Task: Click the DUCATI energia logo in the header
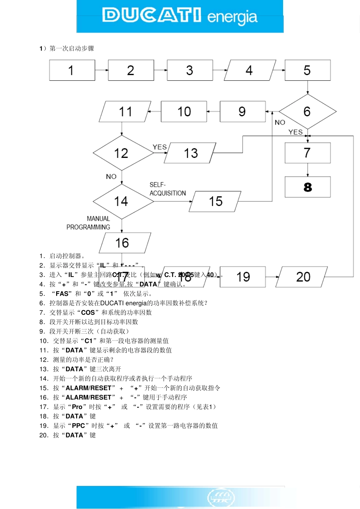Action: pos(180,16)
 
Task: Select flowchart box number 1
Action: pos(72,70)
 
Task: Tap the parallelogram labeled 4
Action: pos(250,70)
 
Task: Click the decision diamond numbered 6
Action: pos(307,112)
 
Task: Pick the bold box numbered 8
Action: pos(307,187)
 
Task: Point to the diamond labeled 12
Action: pos(122,153)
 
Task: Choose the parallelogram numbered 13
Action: pos(190,153)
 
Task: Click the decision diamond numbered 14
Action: pos(122,201)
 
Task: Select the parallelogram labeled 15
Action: pos(215,201)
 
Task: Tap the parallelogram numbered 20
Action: pos(302,277)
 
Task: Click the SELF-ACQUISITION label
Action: pos(167,189)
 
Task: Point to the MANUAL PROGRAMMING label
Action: pos(89,223)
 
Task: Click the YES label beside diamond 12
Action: pos(160,147)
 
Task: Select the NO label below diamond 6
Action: pos(280,122)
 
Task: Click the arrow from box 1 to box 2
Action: pos(102,70)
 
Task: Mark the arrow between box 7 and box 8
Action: pos(308,170)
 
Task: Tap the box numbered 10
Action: pos(184,112)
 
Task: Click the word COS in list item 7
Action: pos(88,313)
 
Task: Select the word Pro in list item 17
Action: pos(77,407)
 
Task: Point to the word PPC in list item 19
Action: pos(78,426)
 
